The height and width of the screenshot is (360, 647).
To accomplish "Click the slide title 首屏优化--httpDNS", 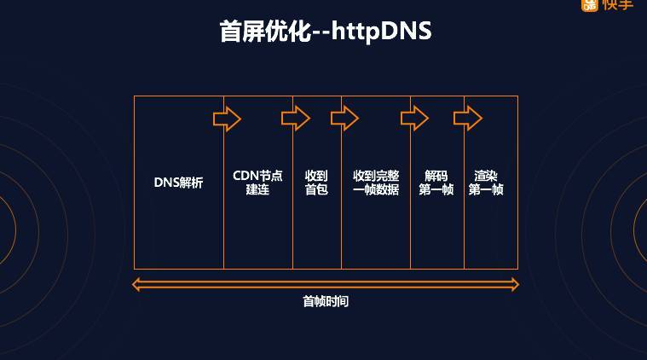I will [x=325, y=32].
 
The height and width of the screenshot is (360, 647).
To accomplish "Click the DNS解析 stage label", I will [x=178, y=183].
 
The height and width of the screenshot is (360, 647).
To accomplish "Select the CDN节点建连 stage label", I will [x=257, y=183].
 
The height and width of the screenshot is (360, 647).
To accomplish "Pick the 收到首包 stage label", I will [x=316, y=183].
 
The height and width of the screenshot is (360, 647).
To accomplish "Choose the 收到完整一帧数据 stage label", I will [x=376, y=183].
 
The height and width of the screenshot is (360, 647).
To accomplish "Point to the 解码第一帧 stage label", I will [x=436, y=183].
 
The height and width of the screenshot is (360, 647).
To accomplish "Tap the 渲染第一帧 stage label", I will [x=486, y=183].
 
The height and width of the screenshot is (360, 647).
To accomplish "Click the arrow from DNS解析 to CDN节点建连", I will [x=227, y=119].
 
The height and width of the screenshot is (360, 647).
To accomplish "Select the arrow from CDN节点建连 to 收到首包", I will [x=296, y=119].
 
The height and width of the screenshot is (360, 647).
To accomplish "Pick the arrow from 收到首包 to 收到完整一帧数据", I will [x=345, y=119].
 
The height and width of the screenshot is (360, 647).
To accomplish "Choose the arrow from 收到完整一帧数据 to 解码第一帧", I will [x=414, y=119].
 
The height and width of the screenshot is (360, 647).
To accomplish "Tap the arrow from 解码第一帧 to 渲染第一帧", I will [x=468, y=119].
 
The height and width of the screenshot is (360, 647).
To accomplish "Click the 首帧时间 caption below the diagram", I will [x=326, y=301].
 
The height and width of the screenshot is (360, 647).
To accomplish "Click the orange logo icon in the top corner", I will [x=590, y=5].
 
